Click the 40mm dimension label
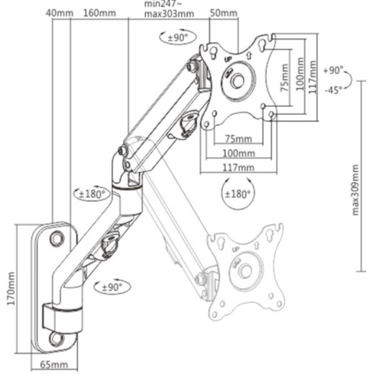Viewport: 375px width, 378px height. [x=59, y=12]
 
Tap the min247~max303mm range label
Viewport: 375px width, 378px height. [x=168, y=9]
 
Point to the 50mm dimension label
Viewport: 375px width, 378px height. [x=223, y=12]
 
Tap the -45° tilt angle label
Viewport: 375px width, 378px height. [x=334, y=90]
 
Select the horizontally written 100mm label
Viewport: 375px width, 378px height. [x=238, y=153]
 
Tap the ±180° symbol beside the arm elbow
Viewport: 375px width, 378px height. [x=91, y=193]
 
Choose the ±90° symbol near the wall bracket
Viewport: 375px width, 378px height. [x=109, y=287]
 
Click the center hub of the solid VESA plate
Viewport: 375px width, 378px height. [x=237, y=81]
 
